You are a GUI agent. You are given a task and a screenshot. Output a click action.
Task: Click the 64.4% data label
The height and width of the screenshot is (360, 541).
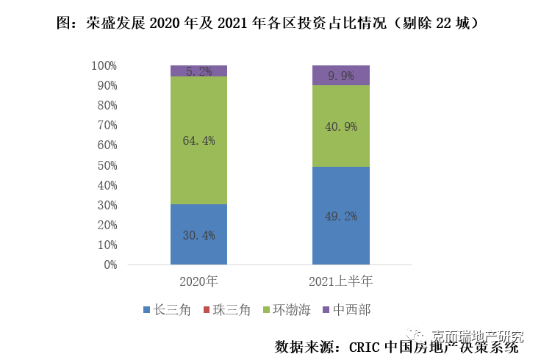[198, 140]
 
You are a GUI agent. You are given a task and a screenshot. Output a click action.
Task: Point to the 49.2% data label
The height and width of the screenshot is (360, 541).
[340, 216]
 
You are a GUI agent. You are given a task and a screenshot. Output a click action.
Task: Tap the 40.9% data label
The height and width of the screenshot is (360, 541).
[340, 126]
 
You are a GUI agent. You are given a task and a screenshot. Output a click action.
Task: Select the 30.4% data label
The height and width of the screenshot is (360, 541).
[198, 235]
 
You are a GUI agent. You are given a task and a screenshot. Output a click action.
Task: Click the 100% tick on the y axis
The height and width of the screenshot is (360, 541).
[104, 65]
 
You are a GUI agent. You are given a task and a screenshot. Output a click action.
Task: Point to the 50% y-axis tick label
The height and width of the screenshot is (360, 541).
[106, 165]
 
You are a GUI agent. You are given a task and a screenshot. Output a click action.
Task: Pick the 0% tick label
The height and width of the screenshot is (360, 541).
[110, 264]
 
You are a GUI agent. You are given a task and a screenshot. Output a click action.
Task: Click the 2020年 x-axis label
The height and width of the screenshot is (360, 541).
[198, 281]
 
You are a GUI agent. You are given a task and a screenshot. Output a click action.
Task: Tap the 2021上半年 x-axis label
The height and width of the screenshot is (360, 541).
[340, 281]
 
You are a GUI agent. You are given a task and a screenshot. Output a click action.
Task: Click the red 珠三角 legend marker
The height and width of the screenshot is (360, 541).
[207, 310]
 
